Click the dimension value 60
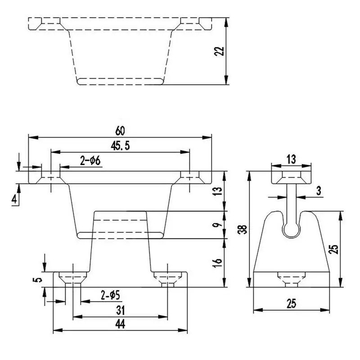coord(119,131)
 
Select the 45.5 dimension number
coord(119,146)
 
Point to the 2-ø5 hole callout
coord(110,296)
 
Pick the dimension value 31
coord(120,310)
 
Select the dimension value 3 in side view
coord(318,191)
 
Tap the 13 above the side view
coord(291,158)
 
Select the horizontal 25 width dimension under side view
coord(291,304)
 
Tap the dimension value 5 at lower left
coord(40,279)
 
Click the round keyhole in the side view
coord(291,230)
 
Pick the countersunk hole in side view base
coord(291,279)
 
